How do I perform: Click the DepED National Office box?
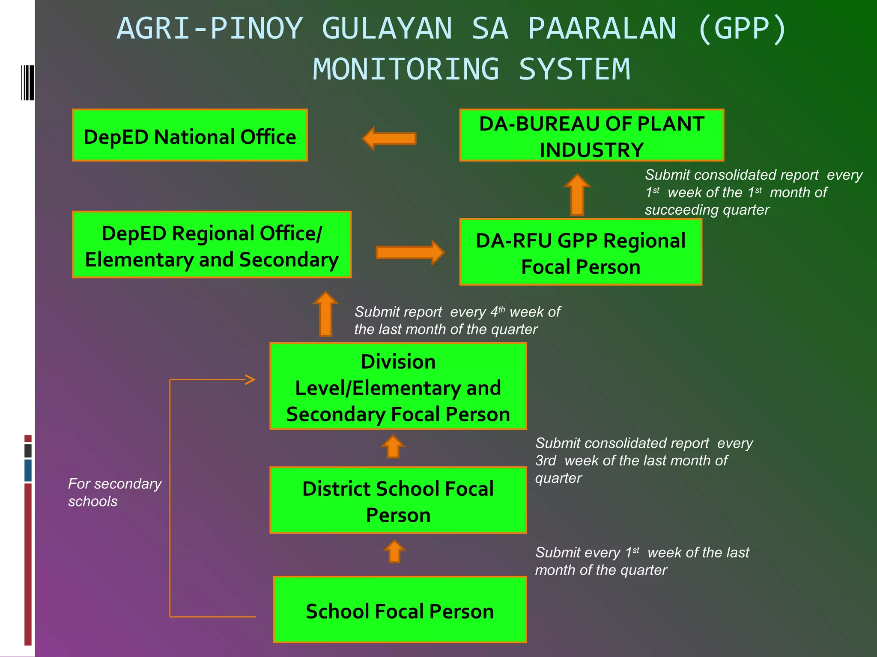pyautogui.click(x=190, y=135)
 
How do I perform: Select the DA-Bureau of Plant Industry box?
pyautogui.click(x=591, y=135)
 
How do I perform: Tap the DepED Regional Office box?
pyautogui.click(x=212, y=245)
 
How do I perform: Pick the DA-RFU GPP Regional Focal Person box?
pyautogui.click(x=580, y=252)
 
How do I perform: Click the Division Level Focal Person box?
pyautogui.click(x=398, y=386)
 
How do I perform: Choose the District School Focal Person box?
pyautogui.click(x=398, y=500)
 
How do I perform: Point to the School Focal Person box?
pyautogui.click(x=400, y=610)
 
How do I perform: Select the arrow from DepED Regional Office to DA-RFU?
pyautogui.click(x=410, y=252)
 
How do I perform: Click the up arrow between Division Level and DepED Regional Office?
pyautogui.click(x=325, y=314)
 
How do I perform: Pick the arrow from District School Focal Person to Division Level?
pyautogui.click(x=393, y=447)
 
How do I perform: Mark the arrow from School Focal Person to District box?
pyautogui.click(x=394, y=551)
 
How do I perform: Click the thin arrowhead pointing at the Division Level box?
pyautogui.click(x=250, y=379)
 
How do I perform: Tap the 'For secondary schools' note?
pyautogui.click(x=115, y=492)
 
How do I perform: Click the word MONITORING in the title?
pyautogui.click(x=406, y=69)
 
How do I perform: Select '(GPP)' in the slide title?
pyautogui.click(x=742, y=29)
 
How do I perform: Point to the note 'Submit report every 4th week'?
pyautogui.click(x=456, y=320)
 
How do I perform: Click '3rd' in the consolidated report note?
pyautogui.click(x=546, y=461)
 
